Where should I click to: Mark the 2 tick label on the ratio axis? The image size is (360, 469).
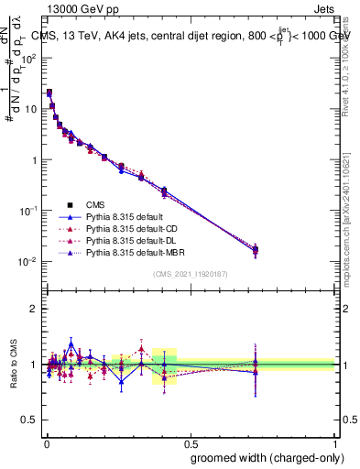[x=32, y=309]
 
